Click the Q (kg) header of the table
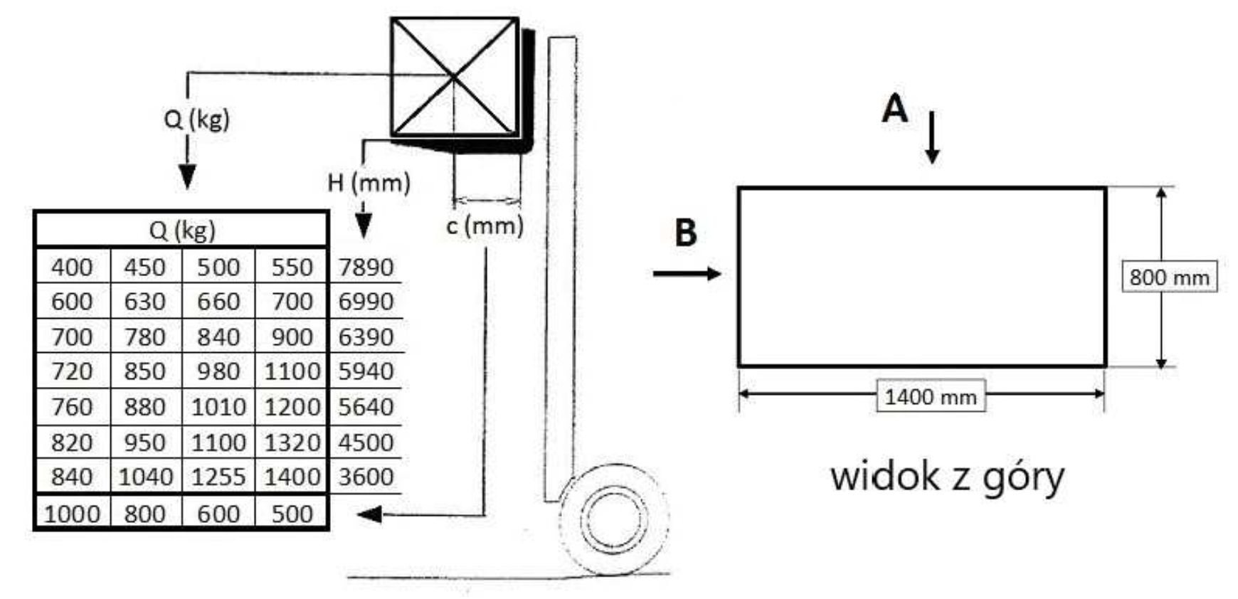tap(182, 230)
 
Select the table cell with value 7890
tap(366, 267)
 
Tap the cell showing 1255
tap(218, 477)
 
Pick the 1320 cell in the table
tap(292, 442)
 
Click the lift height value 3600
tap(366, 477)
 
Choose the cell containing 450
tap(145, 267)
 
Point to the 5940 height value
tap(366, 371)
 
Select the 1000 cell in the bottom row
tap(72, 514)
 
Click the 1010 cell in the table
tap(218, 407)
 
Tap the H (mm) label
tap(369, 183)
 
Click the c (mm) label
tap(485, 226)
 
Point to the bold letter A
tap(895, 110)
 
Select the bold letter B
tap(685, 233)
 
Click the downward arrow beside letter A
tap(931, 137)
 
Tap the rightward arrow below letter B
tap(687, 274)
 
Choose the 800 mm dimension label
tap(1170, 277)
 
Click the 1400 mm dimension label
tap(931, 396)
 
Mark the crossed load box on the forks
tap(454, 77)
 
